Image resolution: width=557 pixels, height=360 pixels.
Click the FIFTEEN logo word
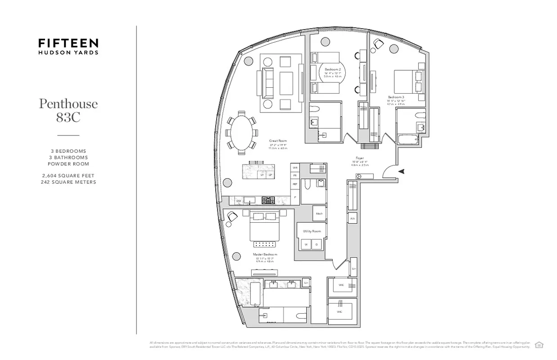pyautogui.click(x=68, y=43)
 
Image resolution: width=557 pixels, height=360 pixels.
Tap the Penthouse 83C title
pyautogui.click(x=68, y=110)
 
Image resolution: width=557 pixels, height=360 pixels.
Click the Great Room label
pyautogui.click(x=278, y=141)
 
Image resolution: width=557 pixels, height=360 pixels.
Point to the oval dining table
pyautogui.click(x=242, y=132)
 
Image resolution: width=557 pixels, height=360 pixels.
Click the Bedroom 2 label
pyautogui.click(x=332, y=69)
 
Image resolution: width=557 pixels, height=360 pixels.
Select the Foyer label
pyautogui.click(x=359, y=158)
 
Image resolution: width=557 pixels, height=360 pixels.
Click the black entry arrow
pyautogui.click(x=402, y=171)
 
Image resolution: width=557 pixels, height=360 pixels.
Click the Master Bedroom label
pyautogui.click(x=265, y=254)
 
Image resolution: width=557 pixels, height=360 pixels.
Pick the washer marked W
pyautogui.click(x=306, y=244)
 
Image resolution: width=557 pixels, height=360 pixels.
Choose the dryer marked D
pyautogui.click(x=317, y=244)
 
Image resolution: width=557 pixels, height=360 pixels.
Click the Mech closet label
pyautogui.click(x=319, y=214)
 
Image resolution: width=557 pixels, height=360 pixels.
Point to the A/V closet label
pyautogui.click(x=353, y=219)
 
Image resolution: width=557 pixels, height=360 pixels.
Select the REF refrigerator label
pyautogui.click(x=295, y=184)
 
